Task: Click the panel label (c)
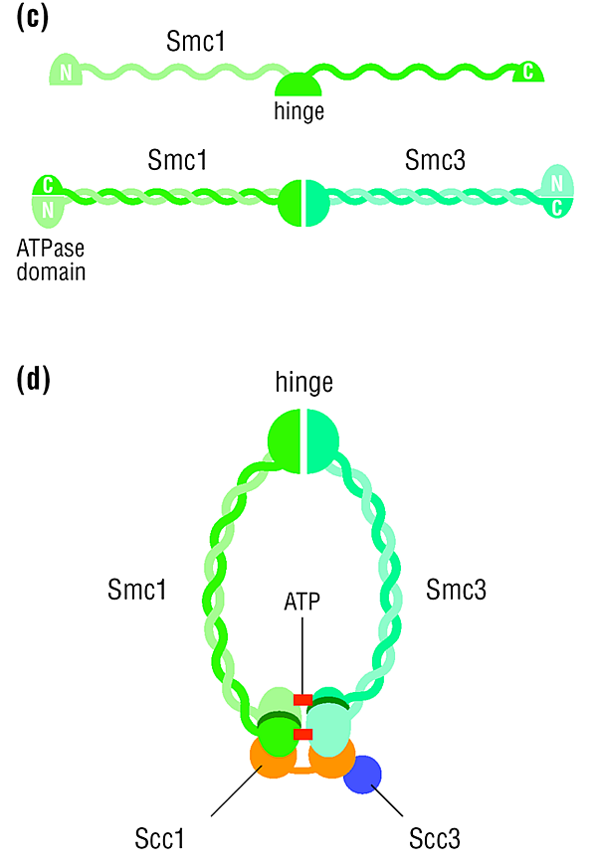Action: pyautogui.click(x=33, y=17)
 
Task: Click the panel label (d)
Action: pyautogui.click(x=33, y=379)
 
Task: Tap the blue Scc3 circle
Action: pyautogui.click(x=362, y=775)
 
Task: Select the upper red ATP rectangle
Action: pyautogui.click(x=302, y=700)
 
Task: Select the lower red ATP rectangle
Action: pyautogui.click(x=302, y=734)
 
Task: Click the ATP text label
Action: pyautogui.click(x=301, y=602)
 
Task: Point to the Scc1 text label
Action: pyautogui.click(x=159, y=838)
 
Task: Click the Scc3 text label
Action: pyautogui.click(x=434, y=838)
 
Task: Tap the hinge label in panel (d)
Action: pyautogui.click(x=303, y=383)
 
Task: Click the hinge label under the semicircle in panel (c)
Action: pyautogui.click(x=298, y=111)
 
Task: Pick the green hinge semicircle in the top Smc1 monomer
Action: pyautogui.click(x=298, y=86)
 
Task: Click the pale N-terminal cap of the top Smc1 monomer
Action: pyautogui.click(x=66, y=70)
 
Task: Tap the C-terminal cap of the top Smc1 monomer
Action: pyautogui.click(x=528, y=73)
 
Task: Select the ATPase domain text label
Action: pyautogui.click(x=51, y=259)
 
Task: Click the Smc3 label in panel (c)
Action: pyautogui.click(x=435, y=160)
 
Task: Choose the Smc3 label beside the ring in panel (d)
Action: pyautogui.click(x=456, y=590)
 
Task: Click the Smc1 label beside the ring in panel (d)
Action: pyautogui.click(x=137, y=590)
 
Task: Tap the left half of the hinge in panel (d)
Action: pyautogui.click(x=285, y=440)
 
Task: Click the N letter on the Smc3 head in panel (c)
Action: pyautogui.click(x=557, y=183)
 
